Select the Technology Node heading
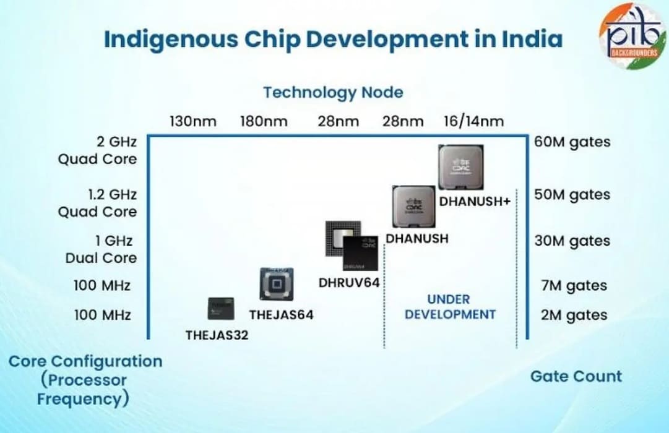click(333, 93)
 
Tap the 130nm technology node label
click(193, 121)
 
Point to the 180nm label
click(264, 121)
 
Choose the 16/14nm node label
click(473, 121)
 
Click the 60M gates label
click(572, 142)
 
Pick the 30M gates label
click(572, 241)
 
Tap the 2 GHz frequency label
click(112, 142)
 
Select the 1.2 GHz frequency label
click(112, 194)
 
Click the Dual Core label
click(101, 258)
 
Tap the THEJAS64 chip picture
click(276, 285)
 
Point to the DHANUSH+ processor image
click(461, 168)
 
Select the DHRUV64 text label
click(348, 283)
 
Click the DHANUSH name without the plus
click(417, 238)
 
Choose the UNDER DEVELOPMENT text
click(450, 307)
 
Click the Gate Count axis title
click(576, 376)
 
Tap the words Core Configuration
click(85, 361)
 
